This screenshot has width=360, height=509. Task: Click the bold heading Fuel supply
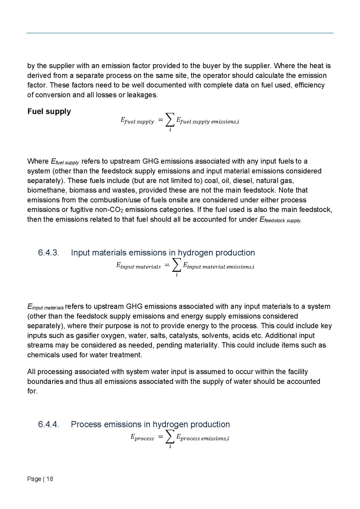tap(49, 111)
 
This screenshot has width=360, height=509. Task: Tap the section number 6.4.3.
tap(48, 253)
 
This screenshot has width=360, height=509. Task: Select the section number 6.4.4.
tap(48, 424)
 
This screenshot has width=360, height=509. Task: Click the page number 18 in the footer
tap(50, 479)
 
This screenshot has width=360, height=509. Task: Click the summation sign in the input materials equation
tap(177, 265)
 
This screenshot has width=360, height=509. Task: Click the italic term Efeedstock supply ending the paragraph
tap(278, 220)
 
